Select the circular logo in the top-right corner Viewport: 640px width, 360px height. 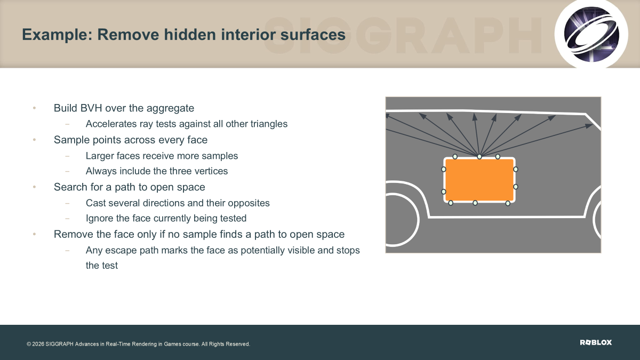point(591,34)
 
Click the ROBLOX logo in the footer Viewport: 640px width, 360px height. point(596,342)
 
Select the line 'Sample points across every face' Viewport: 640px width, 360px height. point(131,140)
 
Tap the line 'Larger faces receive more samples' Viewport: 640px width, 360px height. point(162,156)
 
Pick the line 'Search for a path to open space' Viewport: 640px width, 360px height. point(130,187)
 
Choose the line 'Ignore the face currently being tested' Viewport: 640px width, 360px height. point(166,218)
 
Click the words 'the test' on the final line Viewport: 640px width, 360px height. point(102,266)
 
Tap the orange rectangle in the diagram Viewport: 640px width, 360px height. point(479,180)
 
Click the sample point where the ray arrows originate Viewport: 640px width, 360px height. point(479,157)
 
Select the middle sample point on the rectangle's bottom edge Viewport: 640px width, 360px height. point(475,203)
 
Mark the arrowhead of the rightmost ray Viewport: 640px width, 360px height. point(589,126)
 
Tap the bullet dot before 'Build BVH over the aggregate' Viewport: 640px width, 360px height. point(34,108)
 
